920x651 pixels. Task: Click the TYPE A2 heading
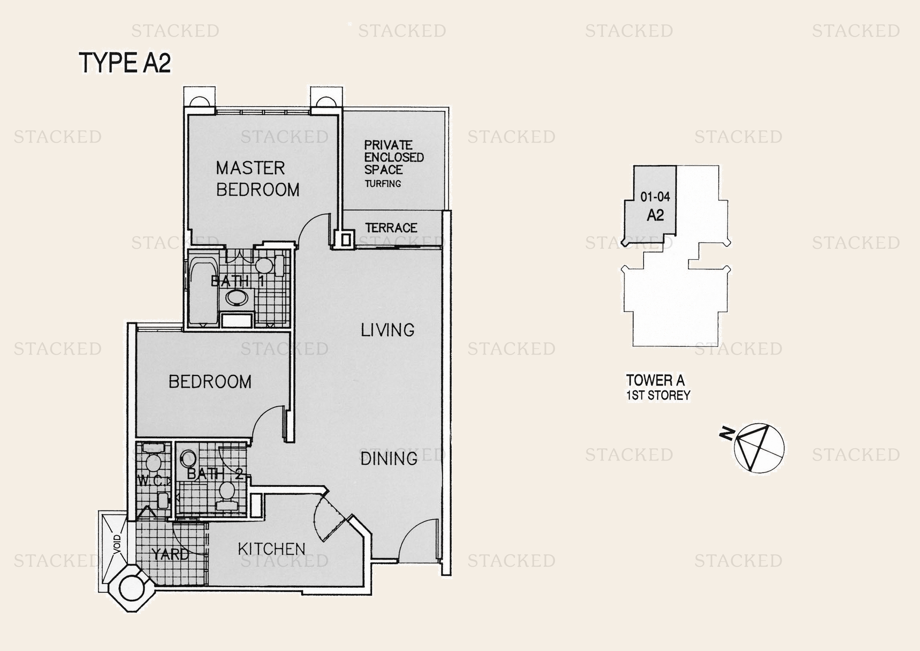125,63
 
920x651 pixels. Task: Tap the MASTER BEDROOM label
258,179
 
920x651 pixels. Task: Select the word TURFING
383,184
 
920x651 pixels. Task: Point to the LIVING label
387,330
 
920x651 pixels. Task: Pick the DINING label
389,459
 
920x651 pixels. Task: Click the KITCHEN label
272,549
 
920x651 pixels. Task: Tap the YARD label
170,555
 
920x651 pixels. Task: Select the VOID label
117,544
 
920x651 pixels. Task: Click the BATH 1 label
238,281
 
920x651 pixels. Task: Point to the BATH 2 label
215,474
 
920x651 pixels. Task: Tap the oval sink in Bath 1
236,298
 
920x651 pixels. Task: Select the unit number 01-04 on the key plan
655,197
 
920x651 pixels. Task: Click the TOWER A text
656,380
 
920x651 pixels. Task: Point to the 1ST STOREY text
658,396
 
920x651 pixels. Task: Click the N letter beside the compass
727,434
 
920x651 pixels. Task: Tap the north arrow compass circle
759,448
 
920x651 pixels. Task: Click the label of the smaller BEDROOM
210,382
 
